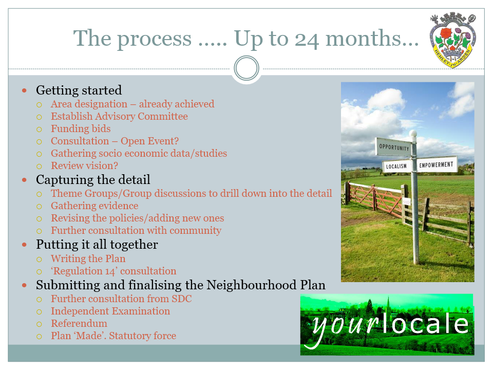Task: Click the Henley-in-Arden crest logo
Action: (x=452, y=40)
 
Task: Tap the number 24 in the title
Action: (x=307, y=40)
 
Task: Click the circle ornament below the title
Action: (x=246, y=68)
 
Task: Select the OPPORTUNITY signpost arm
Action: (x=394, y=147)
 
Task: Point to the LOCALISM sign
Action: (x=396, y=166)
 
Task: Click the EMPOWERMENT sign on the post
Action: (x=437, y=164)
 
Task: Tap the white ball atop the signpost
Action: (x=413, y=134)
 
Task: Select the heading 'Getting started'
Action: (x=79, y=90)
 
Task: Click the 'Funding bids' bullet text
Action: (x=81, y=128)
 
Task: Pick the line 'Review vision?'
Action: (x=85, y=165)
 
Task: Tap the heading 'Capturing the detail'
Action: (x=93, y=180)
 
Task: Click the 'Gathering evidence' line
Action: (x=94, y=206)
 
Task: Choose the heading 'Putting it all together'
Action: (x=97, y=245)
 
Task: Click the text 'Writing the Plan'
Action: (x=88, y=258)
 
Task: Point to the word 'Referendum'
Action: (x=79, y=323)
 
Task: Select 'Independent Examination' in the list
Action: (x=110, y=311)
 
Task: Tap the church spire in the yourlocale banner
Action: (x=388, y=304)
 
